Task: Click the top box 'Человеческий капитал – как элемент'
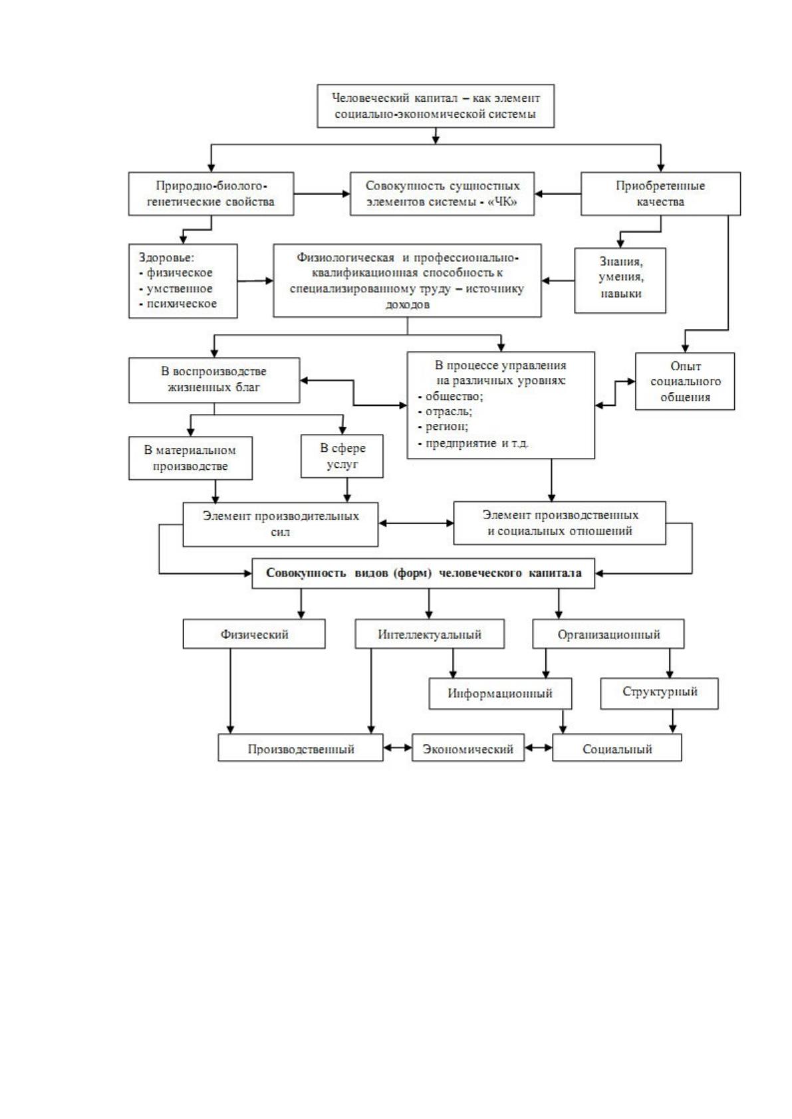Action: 436,106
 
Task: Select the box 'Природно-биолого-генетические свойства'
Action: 211,194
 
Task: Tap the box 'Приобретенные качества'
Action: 660,194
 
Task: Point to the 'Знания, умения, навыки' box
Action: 620,280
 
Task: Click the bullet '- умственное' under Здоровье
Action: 176,288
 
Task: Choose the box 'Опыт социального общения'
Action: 685,381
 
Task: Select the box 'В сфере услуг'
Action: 342,456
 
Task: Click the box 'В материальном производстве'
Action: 190,458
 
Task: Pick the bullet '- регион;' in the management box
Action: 443,427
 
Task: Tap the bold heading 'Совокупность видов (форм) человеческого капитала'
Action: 424,573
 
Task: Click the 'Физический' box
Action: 254,634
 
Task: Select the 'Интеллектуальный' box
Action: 430,634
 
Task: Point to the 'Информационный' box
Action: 501,693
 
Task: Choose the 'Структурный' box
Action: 660,693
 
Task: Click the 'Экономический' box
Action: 468,748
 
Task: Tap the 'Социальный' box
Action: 617,748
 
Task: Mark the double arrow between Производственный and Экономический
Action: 398,748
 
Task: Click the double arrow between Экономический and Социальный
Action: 539,748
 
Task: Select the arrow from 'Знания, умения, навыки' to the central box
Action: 558,281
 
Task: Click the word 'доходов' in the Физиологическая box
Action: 407,304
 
